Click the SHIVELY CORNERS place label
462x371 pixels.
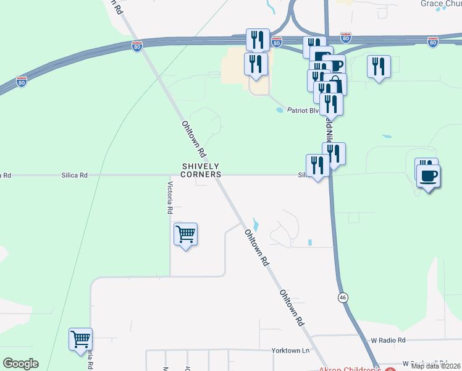[x=201, y=170]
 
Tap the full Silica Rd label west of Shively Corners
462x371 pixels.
[x=74, y=176]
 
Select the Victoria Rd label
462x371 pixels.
[x=170, y=198]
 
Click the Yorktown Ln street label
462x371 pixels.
[x=290, y=351]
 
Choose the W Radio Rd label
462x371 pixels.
[x=388, y=340]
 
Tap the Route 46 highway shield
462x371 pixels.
[x=343, y=297]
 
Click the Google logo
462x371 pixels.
[x=20, y=364]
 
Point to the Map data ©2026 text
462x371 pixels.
[x=435, y=365]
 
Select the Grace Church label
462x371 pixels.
[x=441, y=4]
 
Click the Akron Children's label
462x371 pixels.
[x=350, y=369]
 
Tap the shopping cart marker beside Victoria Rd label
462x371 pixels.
[x=185, y=234]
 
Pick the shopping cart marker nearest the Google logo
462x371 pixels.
[x=80, y=339]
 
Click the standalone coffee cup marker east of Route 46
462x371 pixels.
[x=428, y=176]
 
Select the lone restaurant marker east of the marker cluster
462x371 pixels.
[x=379, y=67]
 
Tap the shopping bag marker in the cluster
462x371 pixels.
[x=335, y=84]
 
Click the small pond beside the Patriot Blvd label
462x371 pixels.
[x=279, y=110]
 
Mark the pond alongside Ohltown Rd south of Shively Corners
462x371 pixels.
[x=256, y=225]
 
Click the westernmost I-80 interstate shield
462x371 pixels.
[x=22, y=82]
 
